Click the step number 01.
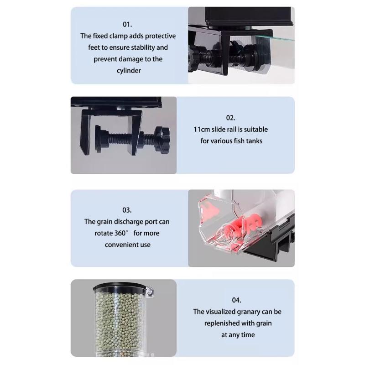pos(127,25)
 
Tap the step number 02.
pos(230,118)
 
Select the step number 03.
pos(127,210)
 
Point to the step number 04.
pos(236,300)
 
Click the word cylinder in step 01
pos(129,71)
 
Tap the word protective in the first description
pos(161,36)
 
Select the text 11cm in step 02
pos(202,130)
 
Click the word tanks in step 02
pos(255,141)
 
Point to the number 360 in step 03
pos(120,233)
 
